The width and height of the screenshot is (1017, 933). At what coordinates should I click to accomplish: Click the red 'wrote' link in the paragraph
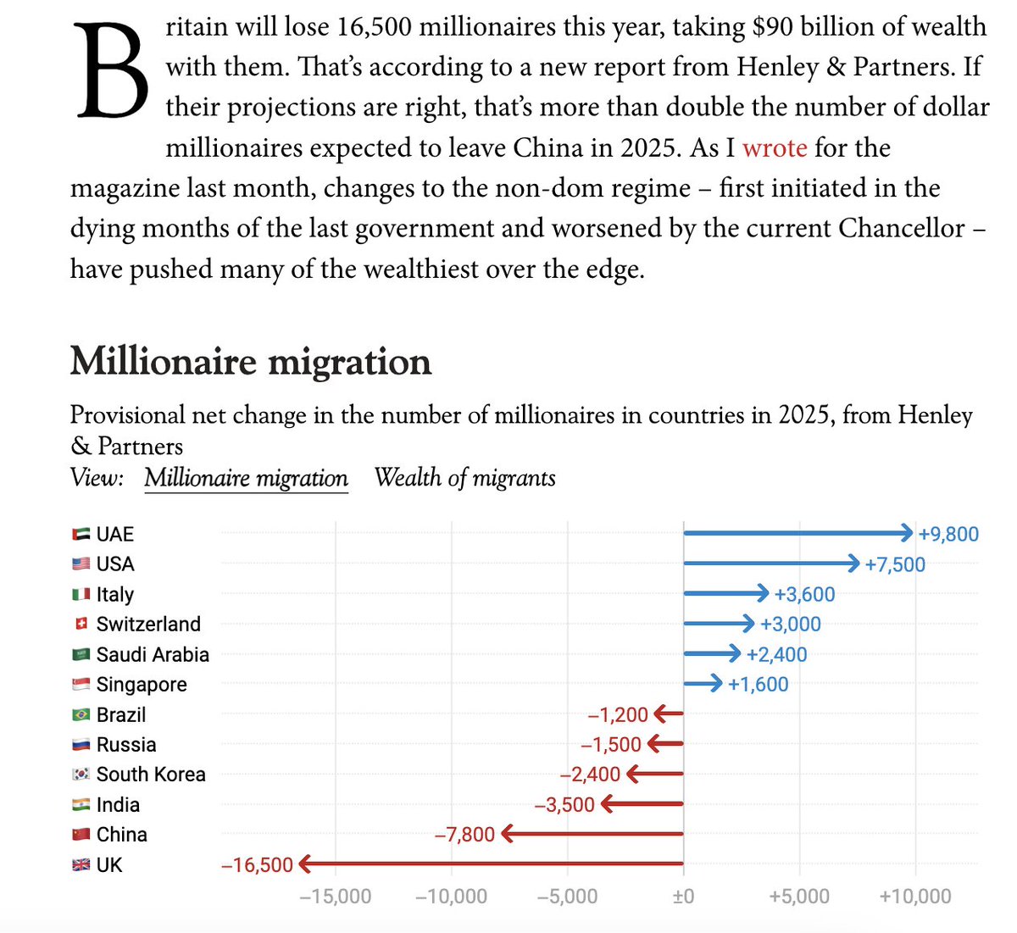[x=775, y=148]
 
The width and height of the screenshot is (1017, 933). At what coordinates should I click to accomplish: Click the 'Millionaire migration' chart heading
[x=251, y=362]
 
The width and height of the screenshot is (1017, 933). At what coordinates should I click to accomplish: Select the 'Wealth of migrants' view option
[x=464, y=478]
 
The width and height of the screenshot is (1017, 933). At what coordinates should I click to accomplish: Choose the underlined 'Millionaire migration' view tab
[x=246, y=478]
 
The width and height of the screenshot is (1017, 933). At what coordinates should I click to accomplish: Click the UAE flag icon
[x=81, y=534]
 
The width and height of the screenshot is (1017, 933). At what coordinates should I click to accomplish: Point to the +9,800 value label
[x=948, y=534]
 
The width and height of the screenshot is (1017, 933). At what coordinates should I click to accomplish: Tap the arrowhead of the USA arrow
[x=854, y=564]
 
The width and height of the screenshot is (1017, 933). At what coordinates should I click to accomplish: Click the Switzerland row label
[x=148, y=625]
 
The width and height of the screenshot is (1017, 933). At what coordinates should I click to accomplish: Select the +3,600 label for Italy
[x=804, y=594]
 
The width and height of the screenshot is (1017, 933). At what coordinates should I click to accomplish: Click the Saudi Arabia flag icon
[x=81, y=654]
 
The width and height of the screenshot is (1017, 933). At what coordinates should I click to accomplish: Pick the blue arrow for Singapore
[x=703, y=684]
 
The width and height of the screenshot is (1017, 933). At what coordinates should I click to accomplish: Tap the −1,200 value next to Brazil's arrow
[x=618, y=714]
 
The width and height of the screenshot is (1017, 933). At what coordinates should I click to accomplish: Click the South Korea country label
[x=151, y=775]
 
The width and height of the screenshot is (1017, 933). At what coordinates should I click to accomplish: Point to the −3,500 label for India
[x=564, y=805]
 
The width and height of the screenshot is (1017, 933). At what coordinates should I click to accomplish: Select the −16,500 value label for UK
[x=257, y=865]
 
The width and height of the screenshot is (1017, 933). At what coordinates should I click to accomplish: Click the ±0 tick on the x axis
[x=683, y=897]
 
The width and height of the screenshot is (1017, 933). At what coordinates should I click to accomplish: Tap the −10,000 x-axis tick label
[x=451, y=897]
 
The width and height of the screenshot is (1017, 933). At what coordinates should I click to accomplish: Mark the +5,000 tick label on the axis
[x=798, y=897]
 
